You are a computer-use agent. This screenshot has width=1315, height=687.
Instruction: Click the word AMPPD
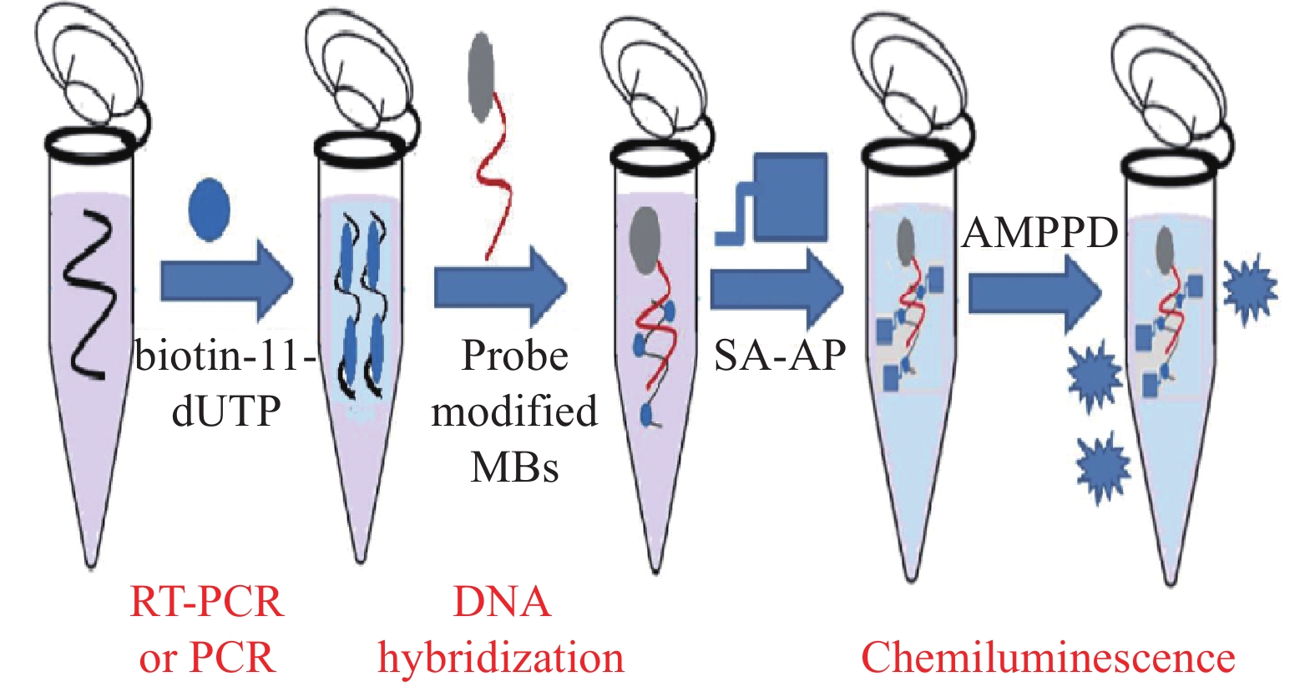click(x=1039, y=233)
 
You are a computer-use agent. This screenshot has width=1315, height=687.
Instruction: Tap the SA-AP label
click(x=780, y=356)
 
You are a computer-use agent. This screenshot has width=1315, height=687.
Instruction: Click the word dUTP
click(x=225, y=411)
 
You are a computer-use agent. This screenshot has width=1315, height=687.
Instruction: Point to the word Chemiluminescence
click(x=1048, y=658)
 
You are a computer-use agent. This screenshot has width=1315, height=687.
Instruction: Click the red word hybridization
click(x=501, y=658)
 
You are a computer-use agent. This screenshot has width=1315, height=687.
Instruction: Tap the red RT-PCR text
click(x=207, y=602)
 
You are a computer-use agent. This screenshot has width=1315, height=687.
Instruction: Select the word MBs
click(x=514, y=467)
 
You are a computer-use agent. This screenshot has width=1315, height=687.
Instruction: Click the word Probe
click(x=514, y=356)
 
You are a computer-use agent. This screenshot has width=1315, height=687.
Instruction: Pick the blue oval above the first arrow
click(x=209, y=209)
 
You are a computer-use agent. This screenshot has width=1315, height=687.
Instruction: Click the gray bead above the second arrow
click(x=482, y=77)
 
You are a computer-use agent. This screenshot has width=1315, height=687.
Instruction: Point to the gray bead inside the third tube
click(x=645, y=240)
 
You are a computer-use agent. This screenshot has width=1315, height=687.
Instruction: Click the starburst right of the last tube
click(x=1249, y=289)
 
